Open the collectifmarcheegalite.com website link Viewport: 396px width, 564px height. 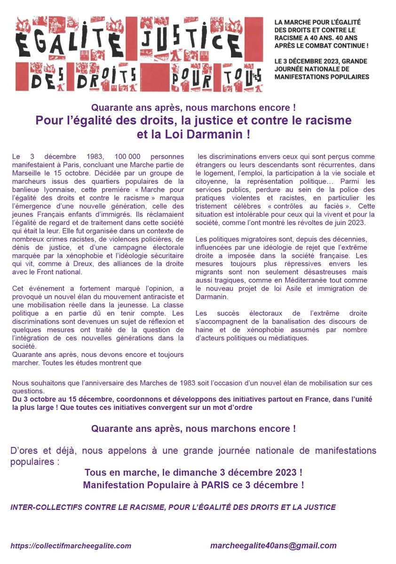(x=71, y=546)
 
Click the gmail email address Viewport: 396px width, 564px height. (x=273, y=546)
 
